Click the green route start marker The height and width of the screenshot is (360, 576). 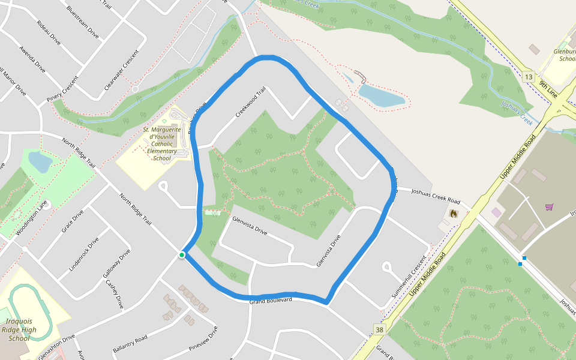pos(182,256)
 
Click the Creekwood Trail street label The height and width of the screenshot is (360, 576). pos(251,103)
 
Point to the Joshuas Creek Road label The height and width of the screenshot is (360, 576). pos(435,196)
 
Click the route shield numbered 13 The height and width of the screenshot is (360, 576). pos(528,77)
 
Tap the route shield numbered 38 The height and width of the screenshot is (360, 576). pos(379,329)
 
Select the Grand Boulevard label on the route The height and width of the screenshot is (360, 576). pos(271,300)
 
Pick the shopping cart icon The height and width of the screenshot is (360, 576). pos(549,207)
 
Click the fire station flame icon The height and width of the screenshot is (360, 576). pos(454,213)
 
